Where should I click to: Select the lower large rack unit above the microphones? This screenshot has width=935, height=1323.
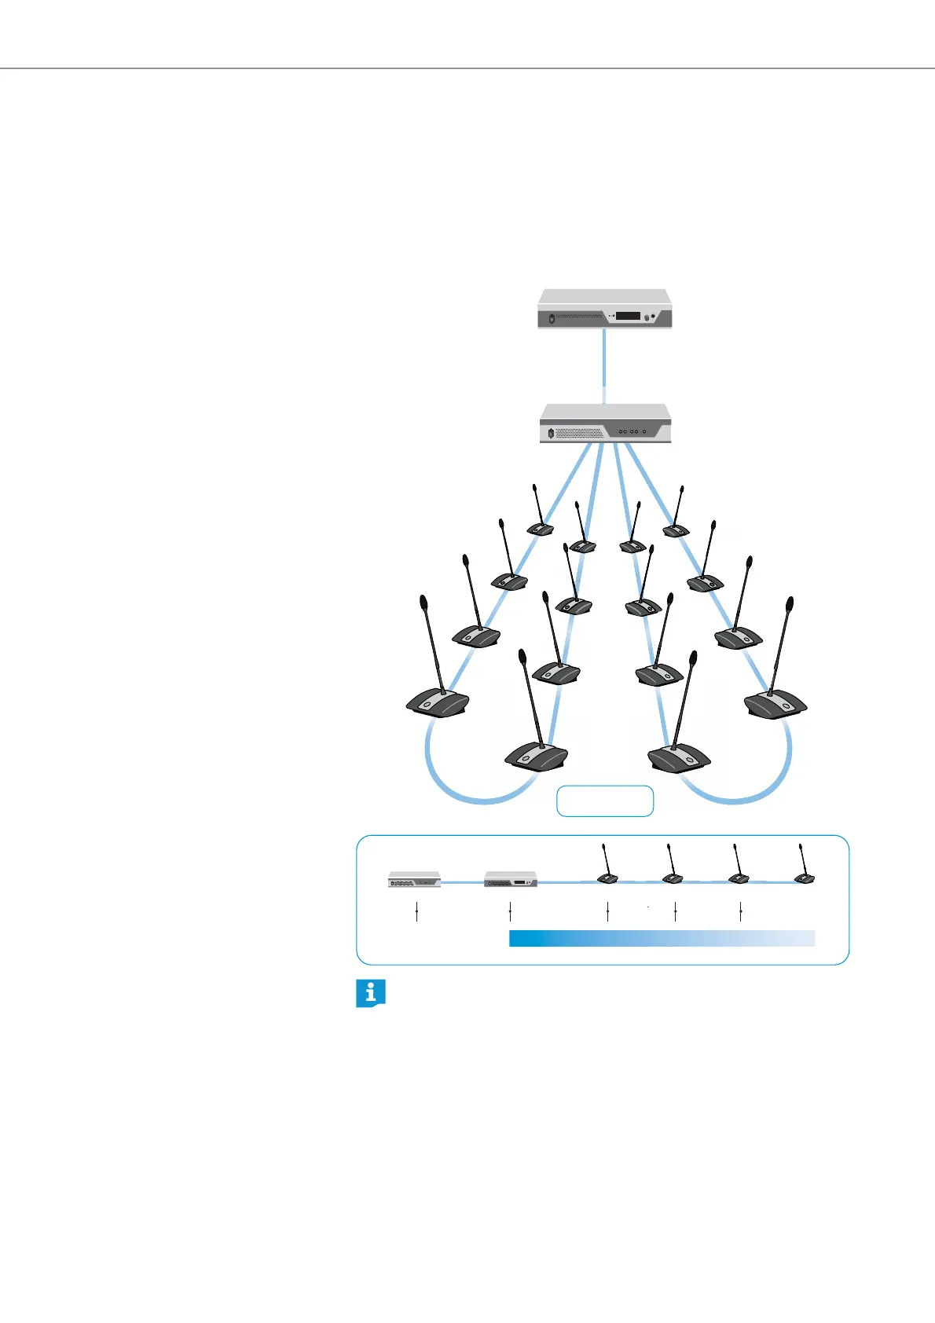point(605,424)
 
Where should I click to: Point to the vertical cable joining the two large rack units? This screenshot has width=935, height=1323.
point(604,365)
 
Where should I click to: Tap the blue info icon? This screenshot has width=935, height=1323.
point(371,993)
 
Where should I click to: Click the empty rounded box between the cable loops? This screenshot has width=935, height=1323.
point(605,801)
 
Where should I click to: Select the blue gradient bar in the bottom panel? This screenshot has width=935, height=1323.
point(662,938)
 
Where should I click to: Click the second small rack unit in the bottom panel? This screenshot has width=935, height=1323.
point(511,879)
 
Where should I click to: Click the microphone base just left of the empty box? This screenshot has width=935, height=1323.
point(535,756)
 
